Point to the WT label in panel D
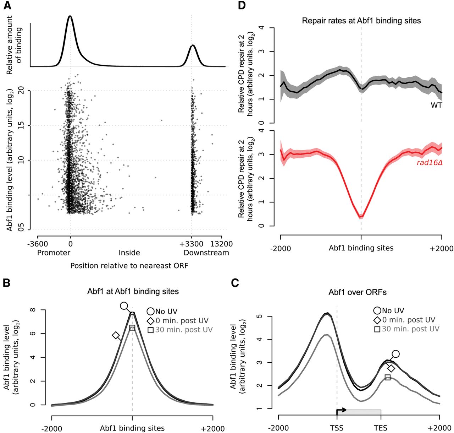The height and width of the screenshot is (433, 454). (436, 105)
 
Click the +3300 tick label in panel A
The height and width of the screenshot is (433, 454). (192, 244)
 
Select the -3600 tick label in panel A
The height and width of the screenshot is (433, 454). (37, 244)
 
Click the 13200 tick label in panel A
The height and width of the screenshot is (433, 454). (222, 244)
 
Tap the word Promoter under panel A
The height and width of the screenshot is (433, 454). (54, 253)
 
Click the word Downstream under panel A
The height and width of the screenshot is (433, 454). (206, 253)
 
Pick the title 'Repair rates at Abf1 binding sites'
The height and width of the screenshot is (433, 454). (361, 21)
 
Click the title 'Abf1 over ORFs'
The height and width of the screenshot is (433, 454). (358, 293)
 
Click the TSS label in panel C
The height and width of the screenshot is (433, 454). (336, 428)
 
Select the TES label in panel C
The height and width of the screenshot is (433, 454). (380, 428)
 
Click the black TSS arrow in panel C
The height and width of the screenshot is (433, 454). (341, 410)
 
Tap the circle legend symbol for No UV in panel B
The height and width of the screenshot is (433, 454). (151, 312)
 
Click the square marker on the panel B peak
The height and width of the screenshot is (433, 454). (132, 328)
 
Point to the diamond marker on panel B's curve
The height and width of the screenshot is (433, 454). (116, 335)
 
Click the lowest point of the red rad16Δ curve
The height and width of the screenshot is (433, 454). (361, 216)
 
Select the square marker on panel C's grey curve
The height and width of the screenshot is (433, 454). (388, 377)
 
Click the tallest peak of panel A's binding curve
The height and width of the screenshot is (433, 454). (70, 16)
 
